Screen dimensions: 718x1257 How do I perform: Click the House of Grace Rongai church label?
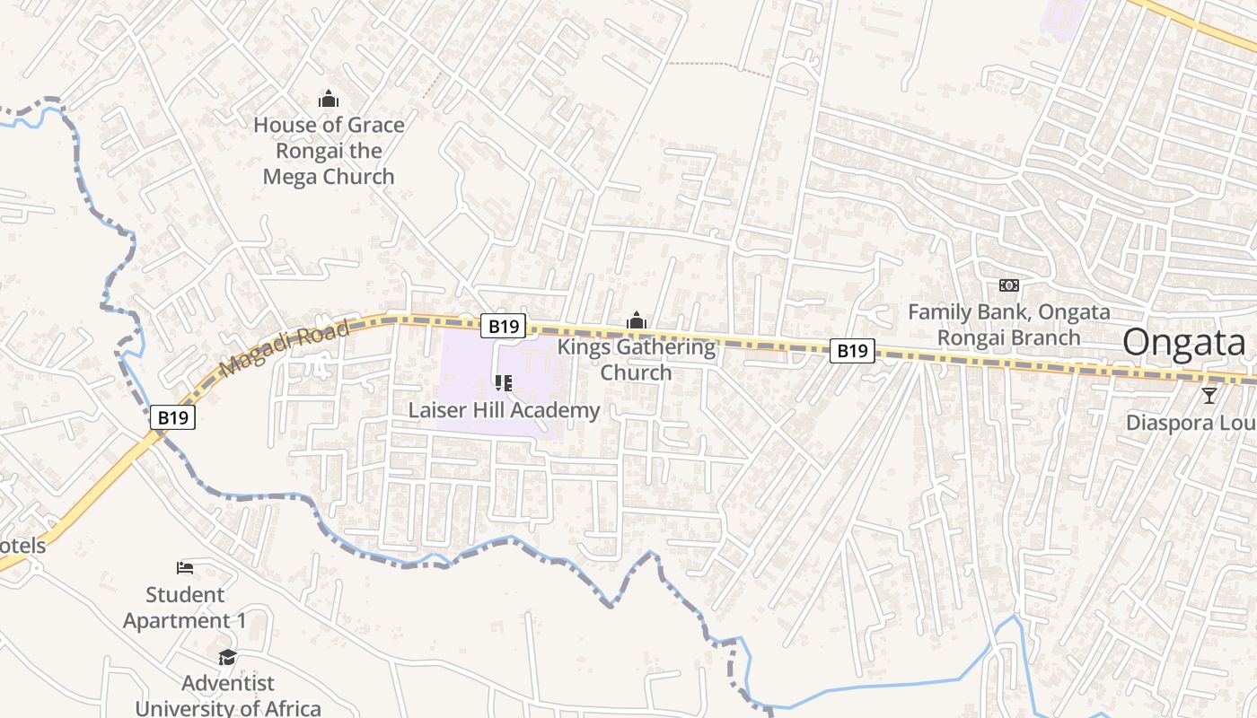(x=329, y=151)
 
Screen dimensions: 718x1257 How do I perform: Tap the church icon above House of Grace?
(x=329, y=99)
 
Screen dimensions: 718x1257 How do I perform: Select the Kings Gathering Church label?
(x=637, y=359)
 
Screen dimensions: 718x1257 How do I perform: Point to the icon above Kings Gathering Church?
(x=637, y=320)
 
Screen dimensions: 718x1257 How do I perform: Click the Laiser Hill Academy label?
(x=504, y=411)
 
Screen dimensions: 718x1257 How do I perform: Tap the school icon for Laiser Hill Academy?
(x=504, y=384)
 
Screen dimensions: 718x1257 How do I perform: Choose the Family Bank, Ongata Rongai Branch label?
(x=1008, y=325)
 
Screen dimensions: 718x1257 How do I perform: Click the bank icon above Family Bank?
(x=1009, y=285)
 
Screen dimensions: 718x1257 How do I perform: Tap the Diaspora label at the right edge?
(x=1191, y=423)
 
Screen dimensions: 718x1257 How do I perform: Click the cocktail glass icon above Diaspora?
(x=1209, y=395)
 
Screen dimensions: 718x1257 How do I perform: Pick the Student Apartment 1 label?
(x=185, y=608)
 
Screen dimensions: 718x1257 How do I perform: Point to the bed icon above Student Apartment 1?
(x=185, y=567)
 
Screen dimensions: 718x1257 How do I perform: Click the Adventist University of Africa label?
(x=228, y=696)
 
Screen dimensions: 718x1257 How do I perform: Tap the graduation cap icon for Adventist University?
(x=228, y=657)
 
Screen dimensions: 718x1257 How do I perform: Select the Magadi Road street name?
(x=284, y=350)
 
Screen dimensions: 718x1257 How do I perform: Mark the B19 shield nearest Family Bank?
(x=851, y=350)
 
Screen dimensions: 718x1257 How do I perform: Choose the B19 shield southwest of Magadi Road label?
(x=172, y=417)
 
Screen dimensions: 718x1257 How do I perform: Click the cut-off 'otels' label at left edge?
(x=22, y=546)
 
